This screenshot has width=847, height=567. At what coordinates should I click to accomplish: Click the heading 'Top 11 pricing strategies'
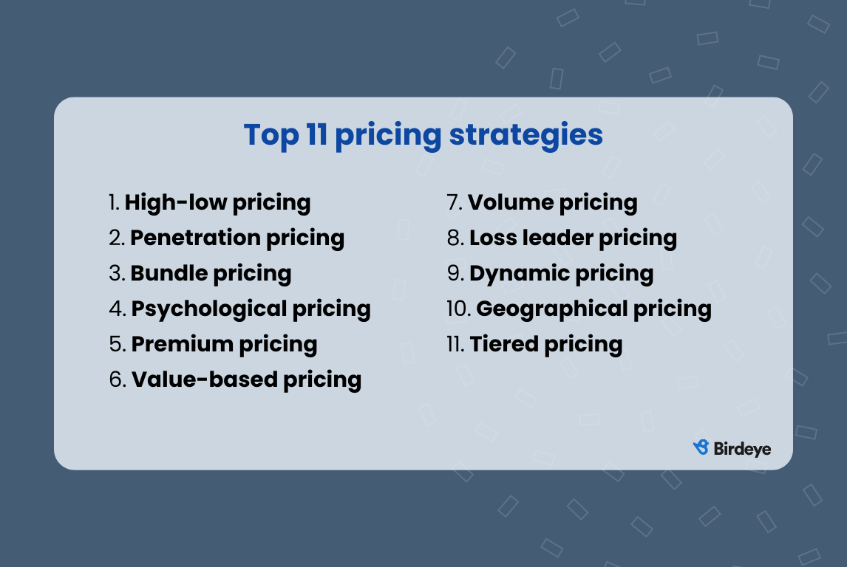pos(423,136)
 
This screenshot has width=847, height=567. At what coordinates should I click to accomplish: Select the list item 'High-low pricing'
pos(217,202)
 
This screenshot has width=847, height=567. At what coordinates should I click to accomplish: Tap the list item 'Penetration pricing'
pos(237,238)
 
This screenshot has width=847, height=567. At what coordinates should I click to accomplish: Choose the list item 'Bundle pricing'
pos(211,273)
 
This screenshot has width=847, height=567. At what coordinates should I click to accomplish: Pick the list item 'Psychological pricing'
pos(251,309)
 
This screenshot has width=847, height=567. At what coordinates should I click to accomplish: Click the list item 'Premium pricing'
pos(224,344)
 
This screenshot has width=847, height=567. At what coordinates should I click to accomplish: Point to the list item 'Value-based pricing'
pos(246,379)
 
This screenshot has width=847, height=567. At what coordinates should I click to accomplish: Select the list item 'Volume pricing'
pos(552,202)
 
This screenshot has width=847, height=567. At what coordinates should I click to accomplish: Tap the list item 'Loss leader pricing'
pos(573,238)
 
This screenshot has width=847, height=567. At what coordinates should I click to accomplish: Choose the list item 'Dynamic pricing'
pos(561,273)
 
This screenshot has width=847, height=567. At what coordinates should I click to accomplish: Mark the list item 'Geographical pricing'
pos(593,309)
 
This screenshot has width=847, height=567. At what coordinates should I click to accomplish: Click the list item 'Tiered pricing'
pos(545,344)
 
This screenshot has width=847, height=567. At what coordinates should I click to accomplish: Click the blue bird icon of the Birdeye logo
pos(701,447)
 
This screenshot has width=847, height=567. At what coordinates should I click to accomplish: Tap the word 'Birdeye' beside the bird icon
pos(742,448)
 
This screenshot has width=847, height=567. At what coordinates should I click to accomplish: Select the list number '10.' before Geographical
pos(458,309)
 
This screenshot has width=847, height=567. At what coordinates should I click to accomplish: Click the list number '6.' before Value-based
pos(118,379)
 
